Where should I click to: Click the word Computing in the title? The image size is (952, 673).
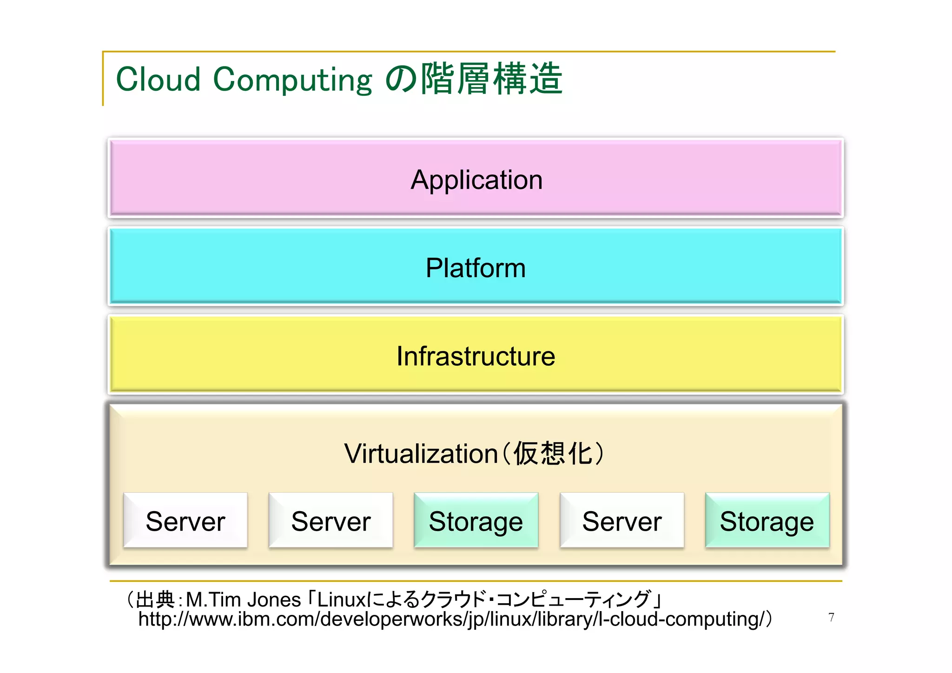(x=293, y=80)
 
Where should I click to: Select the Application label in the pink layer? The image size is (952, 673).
(x=476, y=180)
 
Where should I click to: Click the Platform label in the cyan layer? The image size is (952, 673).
(x=476, y=268)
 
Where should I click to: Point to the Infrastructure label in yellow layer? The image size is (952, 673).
(x=476, y=356)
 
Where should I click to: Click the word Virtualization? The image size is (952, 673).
(x=421, y=453)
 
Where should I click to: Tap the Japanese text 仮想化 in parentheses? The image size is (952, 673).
(x=553, y=453)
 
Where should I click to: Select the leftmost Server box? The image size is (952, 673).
(x=185, y=521)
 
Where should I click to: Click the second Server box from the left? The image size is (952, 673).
(x=331, y=521)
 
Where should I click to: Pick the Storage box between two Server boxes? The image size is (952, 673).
(x=476, y=521)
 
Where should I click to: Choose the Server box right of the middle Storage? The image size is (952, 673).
(x=622, y=521)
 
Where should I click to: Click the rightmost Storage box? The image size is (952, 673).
(x=767, y=521)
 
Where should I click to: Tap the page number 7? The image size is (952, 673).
(x=831, y=617)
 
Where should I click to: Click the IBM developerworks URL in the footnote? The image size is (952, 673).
(x=451, y=620)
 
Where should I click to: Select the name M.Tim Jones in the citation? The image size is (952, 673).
(x=244, y=600)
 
